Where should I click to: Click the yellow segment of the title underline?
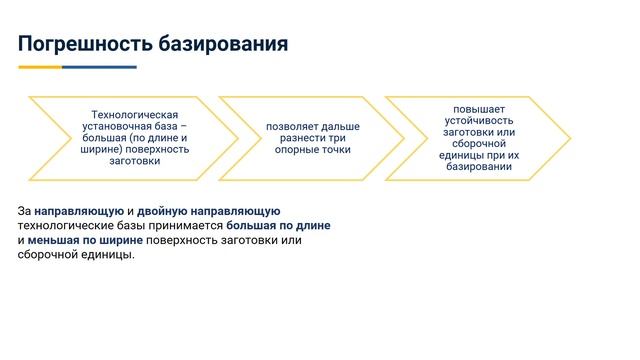(x=40, y=67)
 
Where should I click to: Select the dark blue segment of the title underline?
(x=99, y=67)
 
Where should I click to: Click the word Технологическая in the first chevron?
(x=134, y=116)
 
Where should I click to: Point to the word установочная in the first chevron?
(x=117, y=127)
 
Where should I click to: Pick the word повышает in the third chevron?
(x=479, y=109)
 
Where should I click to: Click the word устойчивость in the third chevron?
(x=479, y=120)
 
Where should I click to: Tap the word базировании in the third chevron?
(x=479, y=167)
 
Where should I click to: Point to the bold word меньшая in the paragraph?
(x=54, y=240)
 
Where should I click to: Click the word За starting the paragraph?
(x=24, y=211)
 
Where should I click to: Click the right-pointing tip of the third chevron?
(x=569, y=138)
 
